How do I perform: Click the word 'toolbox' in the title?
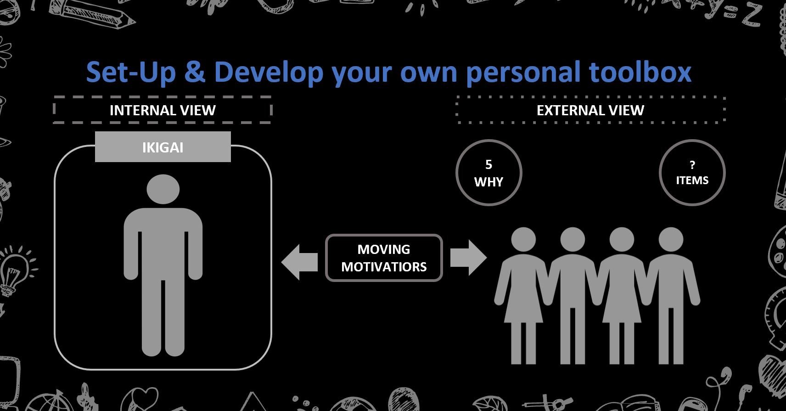640,72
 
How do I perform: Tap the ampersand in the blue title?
194,72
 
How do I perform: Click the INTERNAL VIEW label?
163,110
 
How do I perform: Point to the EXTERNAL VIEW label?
590,110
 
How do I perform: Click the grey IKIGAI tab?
163,146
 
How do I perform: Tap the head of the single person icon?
163,189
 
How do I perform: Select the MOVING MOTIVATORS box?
384,258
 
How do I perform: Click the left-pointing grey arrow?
300,262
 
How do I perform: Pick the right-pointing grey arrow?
468,258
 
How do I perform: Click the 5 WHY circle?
489,173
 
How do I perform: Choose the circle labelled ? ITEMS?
692,173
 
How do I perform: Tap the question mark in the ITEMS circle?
692,164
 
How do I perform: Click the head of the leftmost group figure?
523,240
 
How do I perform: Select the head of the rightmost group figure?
671,240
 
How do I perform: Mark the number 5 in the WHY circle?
488,164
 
